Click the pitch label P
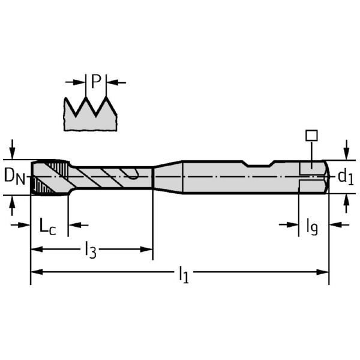(x=96, y=81)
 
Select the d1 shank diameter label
(x=346, y=177)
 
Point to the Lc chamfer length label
(x=47, y=226)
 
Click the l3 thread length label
(x=91, y=250)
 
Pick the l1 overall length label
(x=184, y=274)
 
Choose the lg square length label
(x=312, y=227)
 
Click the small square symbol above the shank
(x=311, y=135)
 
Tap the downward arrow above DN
(x=13, y=149)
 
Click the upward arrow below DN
(x=13, y=206)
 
